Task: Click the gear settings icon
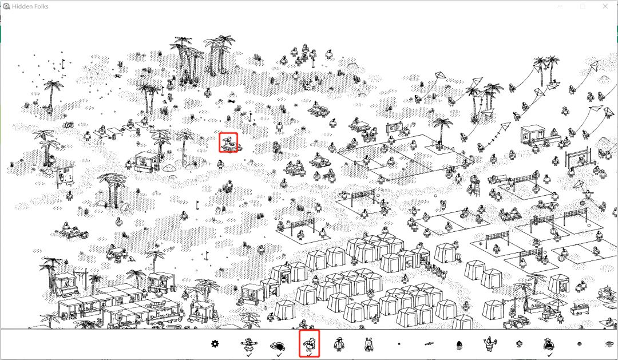(x=215, y=344)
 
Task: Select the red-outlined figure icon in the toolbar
(x=310, y=344)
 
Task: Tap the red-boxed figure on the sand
(x=228, y=143)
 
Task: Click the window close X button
(x=605, y=6)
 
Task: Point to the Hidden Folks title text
(x=30, y=6)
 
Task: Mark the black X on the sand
(x=231, y=101)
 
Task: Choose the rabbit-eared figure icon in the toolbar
(x=369, y=344)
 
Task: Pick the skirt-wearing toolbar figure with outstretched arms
(x=249, y=344)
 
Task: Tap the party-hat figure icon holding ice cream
(x=489, y=344)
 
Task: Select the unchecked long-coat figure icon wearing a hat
(x=339, y=344)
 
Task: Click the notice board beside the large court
(x=394, y=128)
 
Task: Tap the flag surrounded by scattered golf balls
(x=63, y=63)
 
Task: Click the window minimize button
(x=560, y=6)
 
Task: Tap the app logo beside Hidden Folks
(x=6, y=6)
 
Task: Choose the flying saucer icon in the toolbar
(x=611, y=344)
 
